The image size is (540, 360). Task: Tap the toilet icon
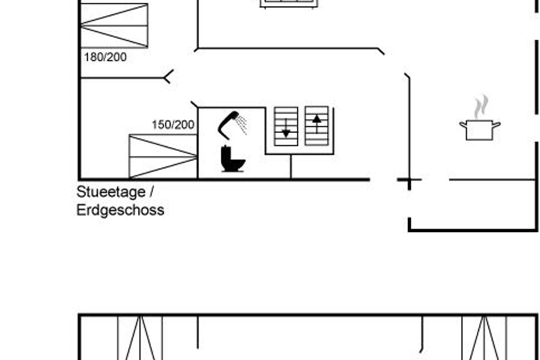(x=233, y=160)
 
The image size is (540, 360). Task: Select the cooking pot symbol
(x=480, y=129)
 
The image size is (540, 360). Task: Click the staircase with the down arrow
(x=286, y=126)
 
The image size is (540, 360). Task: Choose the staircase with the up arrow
(x=317, y=126)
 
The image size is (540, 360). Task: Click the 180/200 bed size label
(x=105, y=57)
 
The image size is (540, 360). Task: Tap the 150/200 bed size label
(x=173, y=125)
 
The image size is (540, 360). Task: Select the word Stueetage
(x=111, y=192)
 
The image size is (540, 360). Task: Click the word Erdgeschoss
(x=120, y=210)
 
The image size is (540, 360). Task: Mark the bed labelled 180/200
(x=114, y=25)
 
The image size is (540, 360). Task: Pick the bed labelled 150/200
(x=163, y=156)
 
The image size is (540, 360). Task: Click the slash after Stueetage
(x=151, y=192)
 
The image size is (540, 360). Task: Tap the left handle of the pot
(x=463, y=124)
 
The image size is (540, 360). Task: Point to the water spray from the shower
(x=243, y=125)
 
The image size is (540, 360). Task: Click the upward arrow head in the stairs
(x=317, y=119)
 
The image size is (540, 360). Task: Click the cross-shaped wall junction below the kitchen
(x=409, y=180)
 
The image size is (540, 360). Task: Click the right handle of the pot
(x=496, y=124)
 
